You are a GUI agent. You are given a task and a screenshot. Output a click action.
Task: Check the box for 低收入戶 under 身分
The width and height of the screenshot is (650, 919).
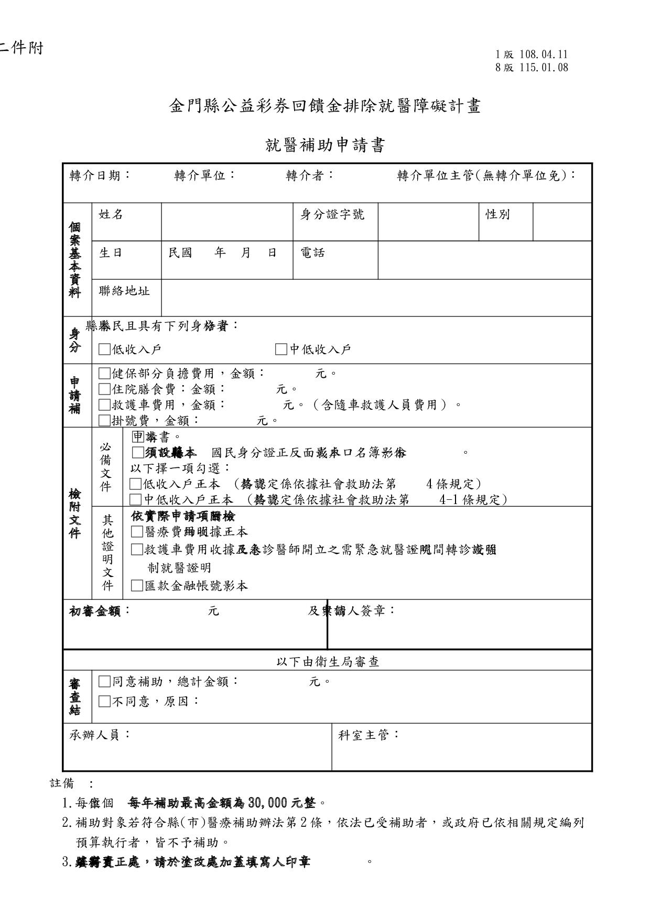tap(105, 349)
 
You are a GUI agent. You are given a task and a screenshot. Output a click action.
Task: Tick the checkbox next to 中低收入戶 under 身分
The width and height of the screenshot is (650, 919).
tap(281, 349)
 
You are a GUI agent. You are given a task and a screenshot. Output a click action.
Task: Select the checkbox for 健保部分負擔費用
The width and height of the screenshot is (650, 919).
tap(105, 374)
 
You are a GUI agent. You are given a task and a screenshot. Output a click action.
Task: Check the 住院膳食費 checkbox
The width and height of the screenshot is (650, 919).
tap(105, 389)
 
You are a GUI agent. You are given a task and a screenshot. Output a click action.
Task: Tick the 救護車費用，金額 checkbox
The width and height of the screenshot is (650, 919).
tap(105, 405)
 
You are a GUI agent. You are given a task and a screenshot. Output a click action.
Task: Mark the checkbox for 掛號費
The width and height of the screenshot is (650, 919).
tap(105, 420)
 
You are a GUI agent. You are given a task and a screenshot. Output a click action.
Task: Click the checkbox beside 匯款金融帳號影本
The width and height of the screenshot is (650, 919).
tap(137, 586)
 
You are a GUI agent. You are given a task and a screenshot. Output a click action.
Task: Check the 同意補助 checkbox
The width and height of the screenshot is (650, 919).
tap(105, 682)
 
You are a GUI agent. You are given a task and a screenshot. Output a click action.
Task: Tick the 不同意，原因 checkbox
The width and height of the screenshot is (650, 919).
tap(105, 701)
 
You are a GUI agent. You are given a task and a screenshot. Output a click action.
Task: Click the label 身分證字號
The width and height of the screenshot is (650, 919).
tap(332, 214)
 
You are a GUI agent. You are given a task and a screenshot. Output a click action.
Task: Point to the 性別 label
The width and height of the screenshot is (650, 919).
tap(497, 214)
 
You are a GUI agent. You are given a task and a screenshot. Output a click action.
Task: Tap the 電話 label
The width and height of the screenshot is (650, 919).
tap(312, 253)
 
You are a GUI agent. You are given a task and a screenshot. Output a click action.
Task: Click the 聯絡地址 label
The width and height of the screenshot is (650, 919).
tap(124, 291)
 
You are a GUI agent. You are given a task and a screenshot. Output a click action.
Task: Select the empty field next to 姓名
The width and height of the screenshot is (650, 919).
tap(227, 222)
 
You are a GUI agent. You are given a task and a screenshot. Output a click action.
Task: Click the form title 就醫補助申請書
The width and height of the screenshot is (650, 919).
tap(325, 145)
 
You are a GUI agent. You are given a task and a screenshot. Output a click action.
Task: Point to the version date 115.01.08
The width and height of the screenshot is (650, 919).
tap(544, 68)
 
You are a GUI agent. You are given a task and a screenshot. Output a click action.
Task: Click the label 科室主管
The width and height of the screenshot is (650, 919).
tap(368, 735)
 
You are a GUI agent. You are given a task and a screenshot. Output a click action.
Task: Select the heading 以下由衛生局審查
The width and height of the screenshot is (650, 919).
tap(328, 662)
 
